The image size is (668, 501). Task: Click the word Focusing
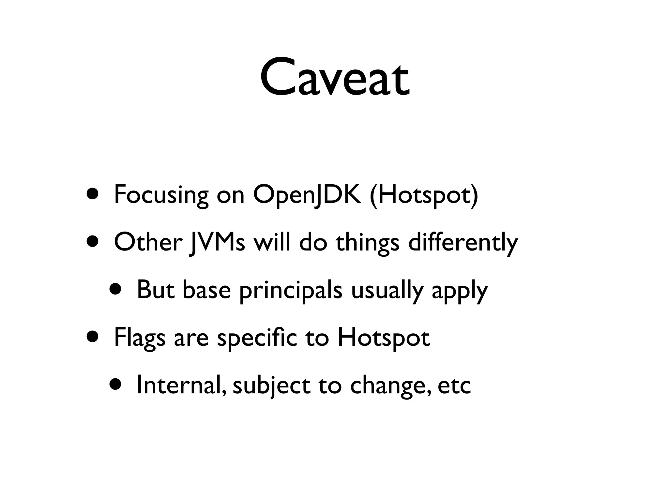(x=161, y=195)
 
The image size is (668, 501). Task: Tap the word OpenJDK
(x=307, y=195)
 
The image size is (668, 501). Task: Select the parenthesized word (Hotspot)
(x=424, y=195)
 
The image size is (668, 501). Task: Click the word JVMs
(x=217, y=243)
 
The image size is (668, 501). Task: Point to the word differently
(x=463, y=243)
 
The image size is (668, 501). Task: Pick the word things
(x=368, y=243)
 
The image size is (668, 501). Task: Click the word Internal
(x=181, y=385)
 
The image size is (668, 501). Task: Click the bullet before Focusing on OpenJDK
(x=93, y=194)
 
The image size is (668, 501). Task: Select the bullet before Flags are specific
(x=93, y=337)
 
